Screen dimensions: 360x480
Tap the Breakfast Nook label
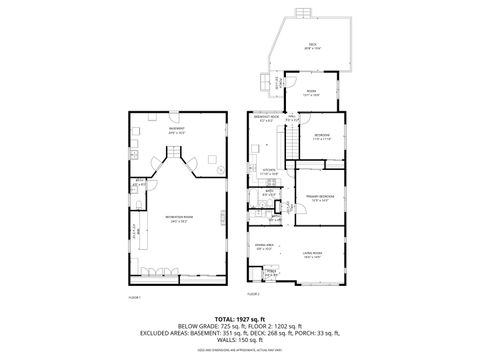(266, 118)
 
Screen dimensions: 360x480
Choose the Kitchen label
(268, 171)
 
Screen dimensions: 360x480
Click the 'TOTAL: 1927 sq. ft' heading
(239, 316)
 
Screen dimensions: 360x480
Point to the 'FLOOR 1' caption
(135, 298)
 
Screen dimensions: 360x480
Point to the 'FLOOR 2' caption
(254, 294)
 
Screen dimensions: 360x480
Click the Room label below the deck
(311, 92)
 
